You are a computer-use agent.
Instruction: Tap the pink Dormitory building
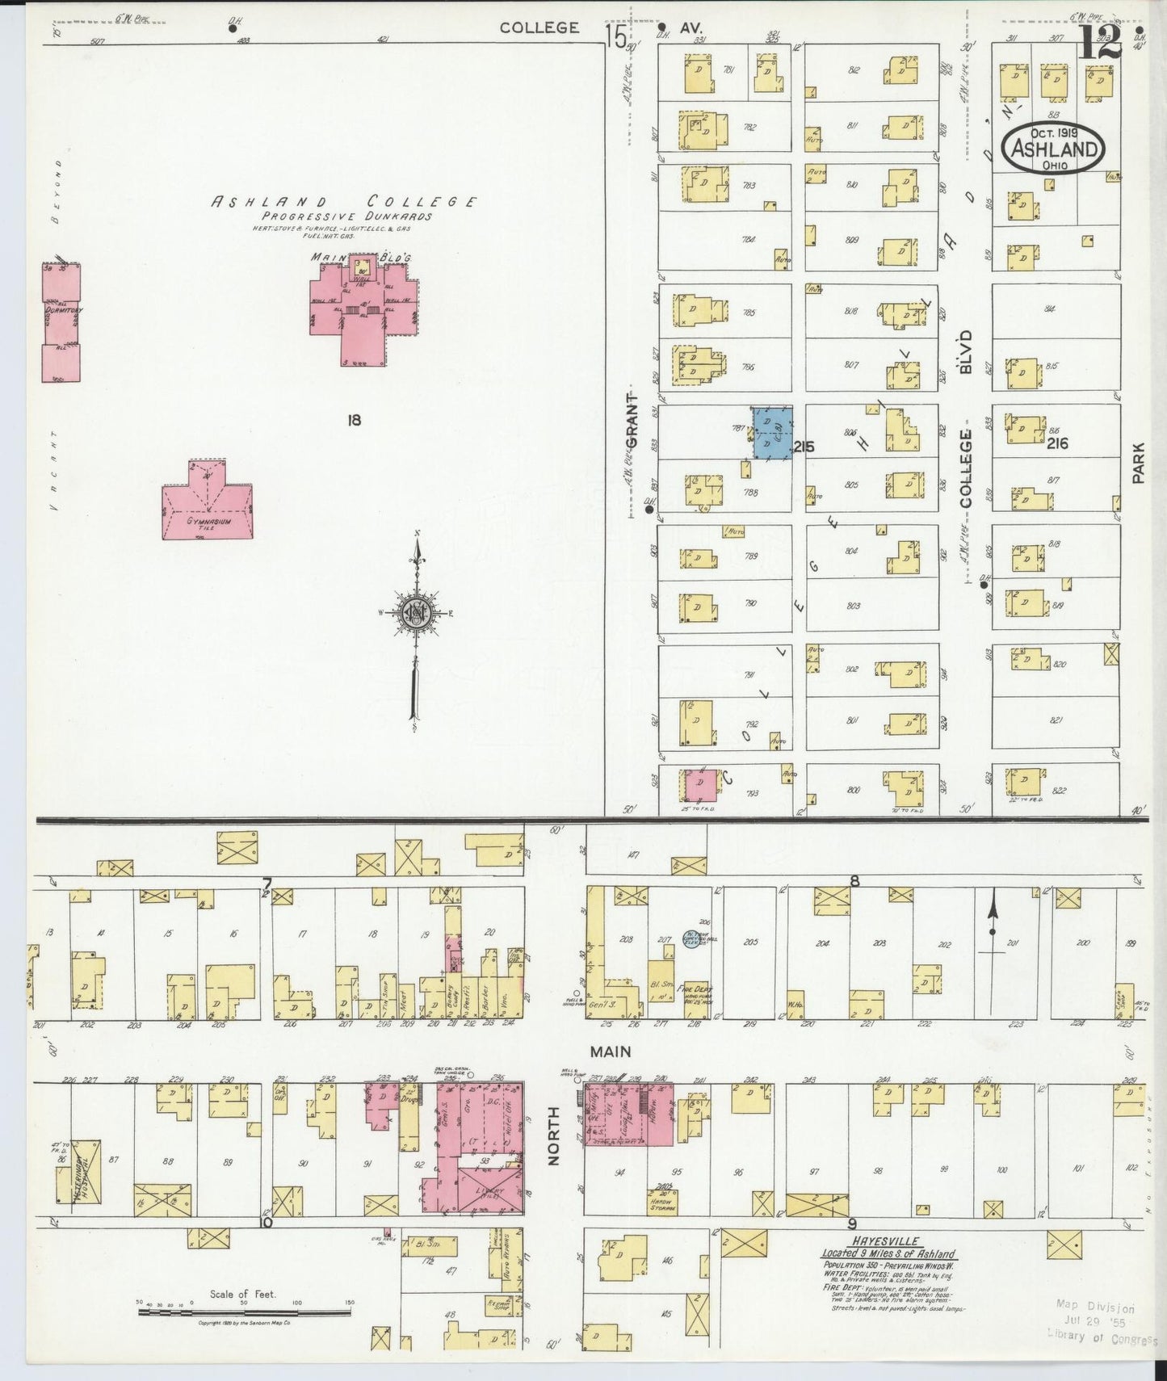pyautogui.click(x=61, y=323)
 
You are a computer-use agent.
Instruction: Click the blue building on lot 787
pyautogui.click(x=772, y=433)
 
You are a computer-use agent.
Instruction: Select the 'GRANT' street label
pyautogui.click(x=632, y=419)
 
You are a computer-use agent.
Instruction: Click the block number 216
pyautogui.click(x=1057, y=443)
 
